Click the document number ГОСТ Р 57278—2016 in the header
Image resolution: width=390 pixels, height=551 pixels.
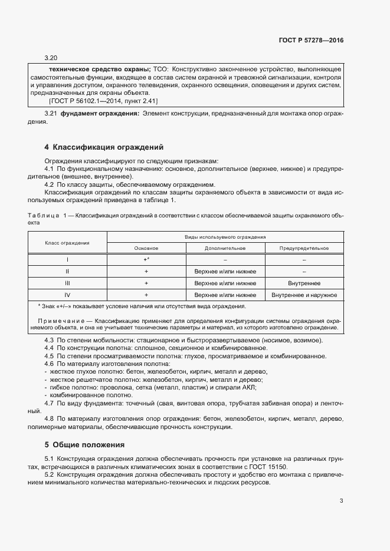pyautogui.click(x=311, y=41)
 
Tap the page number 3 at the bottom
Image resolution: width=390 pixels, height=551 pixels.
pyautogui.click(x=341, y=501)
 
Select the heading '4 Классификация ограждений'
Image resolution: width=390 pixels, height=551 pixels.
pyautogui.click(x=104, y=147)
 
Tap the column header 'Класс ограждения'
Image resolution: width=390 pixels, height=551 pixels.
pyautogui.click(x=67, y=242)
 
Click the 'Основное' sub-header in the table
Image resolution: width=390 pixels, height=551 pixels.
pyautogui.click(x=146, y=248)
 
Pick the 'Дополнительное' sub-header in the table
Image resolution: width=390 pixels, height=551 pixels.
pyautogui.click(x=225, y=248)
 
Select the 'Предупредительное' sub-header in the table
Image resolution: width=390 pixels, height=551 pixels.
pyautogui.click(x=304, y=248)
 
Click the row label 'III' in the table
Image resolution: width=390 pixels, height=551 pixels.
pyautogui.click(x=67, y=283)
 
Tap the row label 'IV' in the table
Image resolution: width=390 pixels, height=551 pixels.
pyautogui.click(x=67, y=295)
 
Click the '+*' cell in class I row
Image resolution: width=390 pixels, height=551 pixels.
pyautogui.click(x=146, y=259)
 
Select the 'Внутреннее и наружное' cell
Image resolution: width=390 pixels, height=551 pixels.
pyautogui.click(x=304, y=295)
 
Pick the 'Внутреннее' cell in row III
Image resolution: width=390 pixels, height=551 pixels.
pyautogui.click(x=304, y=283)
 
